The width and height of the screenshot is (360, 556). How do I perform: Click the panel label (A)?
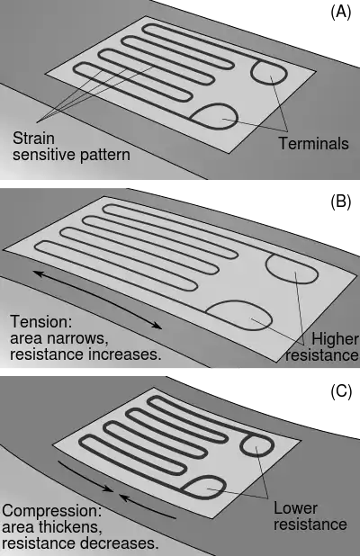coord(340,13)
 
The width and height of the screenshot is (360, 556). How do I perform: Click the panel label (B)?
coord(340,202)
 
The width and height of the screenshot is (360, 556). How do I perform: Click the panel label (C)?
coord(341,391)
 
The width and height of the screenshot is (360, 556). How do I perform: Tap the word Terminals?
coord(313,144)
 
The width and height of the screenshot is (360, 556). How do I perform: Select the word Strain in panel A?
coord(33,138)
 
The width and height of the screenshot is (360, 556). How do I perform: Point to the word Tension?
coord(41,321)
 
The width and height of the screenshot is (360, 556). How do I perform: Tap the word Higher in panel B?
coord(335,339)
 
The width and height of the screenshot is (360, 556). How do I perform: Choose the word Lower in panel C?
coord(295,508)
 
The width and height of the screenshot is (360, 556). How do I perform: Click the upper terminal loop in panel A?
coord(251,73)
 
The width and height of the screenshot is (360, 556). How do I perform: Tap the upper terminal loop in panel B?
coord(267,266)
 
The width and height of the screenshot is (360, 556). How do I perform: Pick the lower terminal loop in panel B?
coord(271,317)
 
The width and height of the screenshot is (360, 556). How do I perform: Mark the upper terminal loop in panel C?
coord(241,446)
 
